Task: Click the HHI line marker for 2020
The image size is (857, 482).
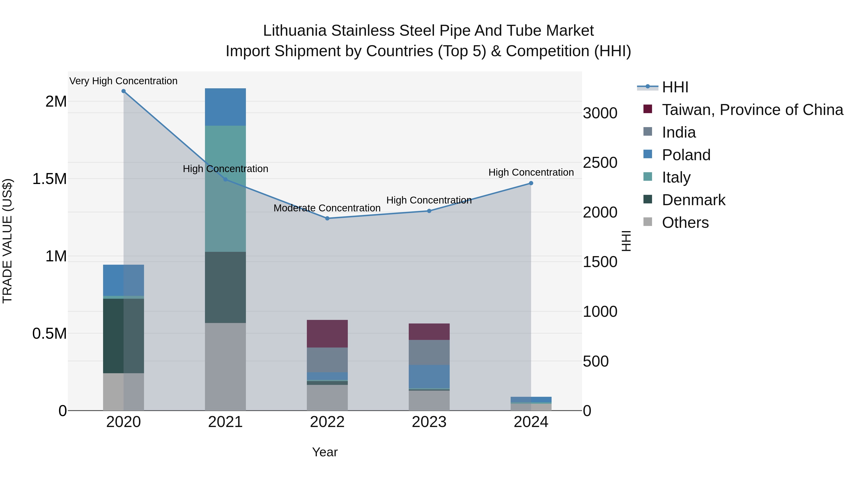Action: tap(123, 91)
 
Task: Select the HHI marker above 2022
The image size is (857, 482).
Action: tap(327, 219)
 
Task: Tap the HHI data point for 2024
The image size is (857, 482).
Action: tap(531, 183)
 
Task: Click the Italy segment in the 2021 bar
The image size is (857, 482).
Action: tap(225, 189)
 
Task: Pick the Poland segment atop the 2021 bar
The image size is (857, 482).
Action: tap(225, 107)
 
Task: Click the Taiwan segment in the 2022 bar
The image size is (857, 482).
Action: tap(327, 334)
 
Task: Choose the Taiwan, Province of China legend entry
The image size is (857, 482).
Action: tap(752, 110)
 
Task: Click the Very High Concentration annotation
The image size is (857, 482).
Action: tap(123, 81)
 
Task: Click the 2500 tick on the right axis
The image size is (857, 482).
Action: tap(600, 163)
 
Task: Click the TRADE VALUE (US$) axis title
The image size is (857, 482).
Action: tap(7, 241)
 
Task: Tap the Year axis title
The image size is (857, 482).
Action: tap(325, 452)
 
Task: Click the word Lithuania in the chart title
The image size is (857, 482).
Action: tap(295, 31)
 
